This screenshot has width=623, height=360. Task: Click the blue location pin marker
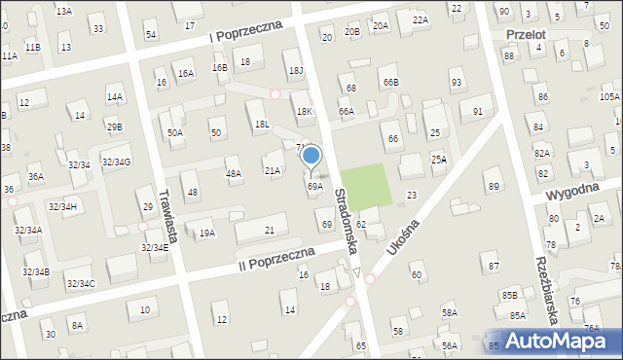point(311,157)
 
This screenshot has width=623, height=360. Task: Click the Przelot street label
point(526,34)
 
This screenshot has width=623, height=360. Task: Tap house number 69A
point(314,186)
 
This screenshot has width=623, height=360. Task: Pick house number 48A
point(233,173)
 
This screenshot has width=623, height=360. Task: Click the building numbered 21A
point(272,170)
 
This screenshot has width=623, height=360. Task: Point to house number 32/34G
point(116,162)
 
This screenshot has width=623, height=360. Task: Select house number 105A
point(609,96)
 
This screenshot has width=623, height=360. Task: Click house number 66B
point(390,83)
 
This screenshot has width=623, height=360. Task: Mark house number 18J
point(296,70)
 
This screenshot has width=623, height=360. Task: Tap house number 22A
point(420,19)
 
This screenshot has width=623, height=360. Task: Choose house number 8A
point(77,324)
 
